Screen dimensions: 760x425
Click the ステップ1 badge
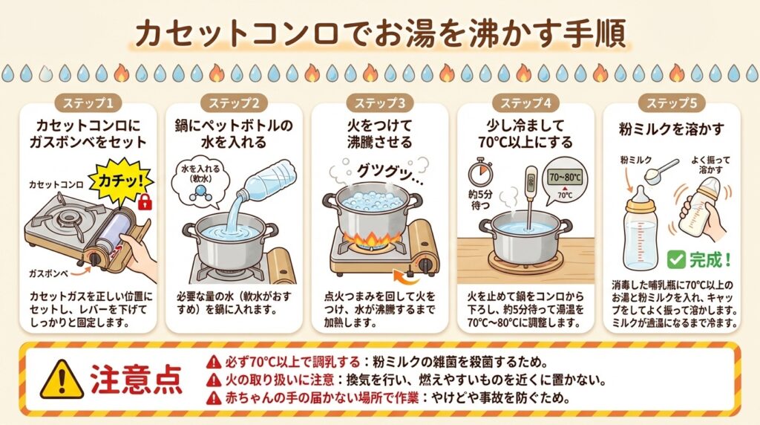(88, 103)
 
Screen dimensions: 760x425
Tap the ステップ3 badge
(379, 103)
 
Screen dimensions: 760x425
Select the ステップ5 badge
(671, 103)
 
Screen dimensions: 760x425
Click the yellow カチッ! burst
(121, 181)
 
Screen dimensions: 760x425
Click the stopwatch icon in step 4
(480, 172)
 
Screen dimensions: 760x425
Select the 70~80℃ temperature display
(564, 177)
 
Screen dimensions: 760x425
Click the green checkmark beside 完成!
(675, 259)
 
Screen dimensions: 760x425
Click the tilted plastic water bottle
(264, 181)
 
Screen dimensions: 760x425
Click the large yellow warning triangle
(62, 379)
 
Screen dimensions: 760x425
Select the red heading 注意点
(137, 380)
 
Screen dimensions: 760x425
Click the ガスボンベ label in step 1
(49, 273)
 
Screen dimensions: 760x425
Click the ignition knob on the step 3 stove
(425, 265)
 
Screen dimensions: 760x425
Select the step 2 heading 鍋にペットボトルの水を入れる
(234, 134)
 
